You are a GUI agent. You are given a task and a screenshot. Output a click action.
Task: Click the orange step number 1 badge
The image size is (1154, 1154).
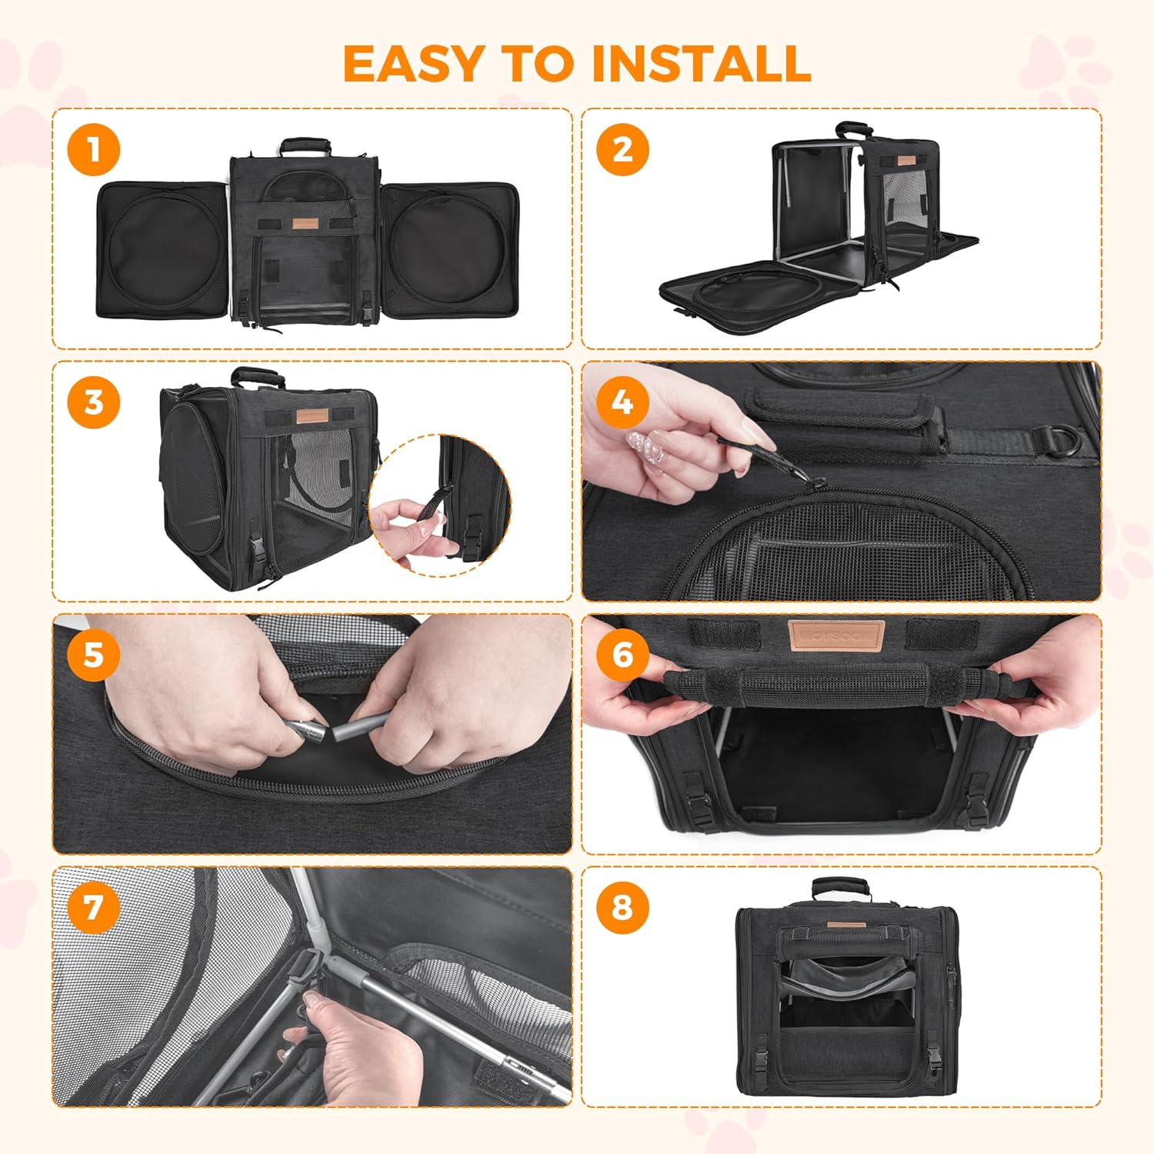[x=93, y=149]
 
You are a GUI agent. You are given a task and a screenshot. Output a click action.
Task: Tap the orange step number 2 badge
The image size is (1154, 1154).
[x=622, y=149]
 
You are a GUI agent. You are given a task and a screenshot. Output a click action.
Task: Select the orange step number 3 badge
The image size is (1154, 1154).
[x=93, y=402]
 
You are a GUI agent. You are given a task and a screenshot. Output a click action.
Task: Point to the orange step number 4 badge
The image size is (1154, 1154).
[x=622, y=402]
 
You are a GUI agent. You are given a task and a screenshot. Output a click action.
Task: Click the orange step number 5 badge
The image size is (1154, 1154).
[x=93, y=655]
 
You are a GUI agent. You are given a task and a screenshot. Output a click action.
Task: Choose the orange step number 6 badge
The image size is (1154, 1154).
[x=622, y=655]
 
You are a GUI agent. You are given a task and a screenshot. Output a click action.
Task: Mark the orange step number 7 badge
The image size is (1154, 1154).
[x=93, y=907]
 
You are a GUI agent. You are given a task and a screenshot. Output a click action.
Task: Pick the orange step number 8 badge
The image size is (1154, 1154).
[x=622, y=907]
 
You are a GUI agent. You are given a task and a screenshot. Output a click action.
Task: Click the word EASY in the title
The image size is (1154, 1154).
[x=411, y=63]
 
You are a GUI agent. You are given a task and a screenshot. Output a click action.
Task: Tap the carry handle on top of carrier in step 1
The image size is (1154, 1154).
[x=305, y=145]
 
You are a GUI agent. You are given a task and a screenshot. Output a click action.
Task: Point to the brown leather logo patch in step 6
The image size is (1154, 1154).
[x=836, y=636]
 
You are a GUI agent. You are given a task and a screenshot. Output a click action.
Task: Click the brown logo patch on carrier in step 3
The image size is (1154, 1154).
[x=312, y=415]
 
